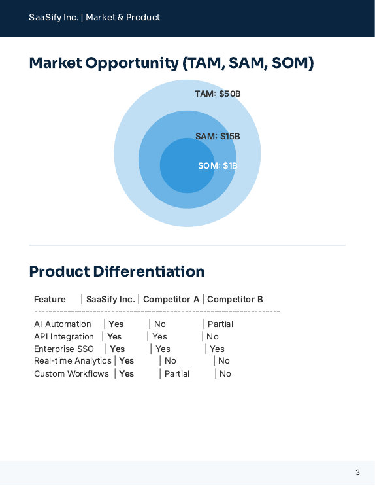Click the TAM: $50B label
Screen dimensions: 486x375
coord(218,94)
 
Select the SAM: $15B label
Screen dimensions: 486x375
coord(218,137)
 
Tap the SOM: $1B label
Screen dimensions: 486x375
coord(218,166)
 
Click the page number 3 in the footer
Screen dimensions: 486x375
coord(357,472)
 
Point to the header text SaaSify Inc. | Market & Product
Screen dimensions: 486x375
coord(94,18)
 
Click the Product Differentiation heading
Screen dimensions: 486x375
coord(117,271)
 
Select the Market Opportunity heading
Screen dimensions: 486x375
coord(172,63)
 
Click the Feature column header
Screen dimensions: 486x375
coord(50,300)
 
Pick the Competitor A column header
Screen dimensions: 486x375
coord(171,300)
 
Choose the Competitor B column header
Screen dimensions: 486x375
coord(235,300)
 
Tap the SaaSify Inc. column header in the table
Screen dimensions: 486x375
coord(110,300)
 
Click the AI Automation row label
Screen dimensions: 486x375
coord(63,324)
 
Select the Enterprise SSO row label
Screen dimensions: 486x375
coord(64,349)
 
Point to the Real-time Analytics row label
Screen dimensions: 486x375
coord(73,361)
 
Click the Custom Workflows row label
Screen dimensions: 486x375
coord(71,374)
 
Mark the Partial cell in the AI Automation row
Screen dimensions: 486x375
coord(220,324)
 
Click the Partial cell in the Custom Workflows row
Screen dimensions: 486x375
coord(177,374)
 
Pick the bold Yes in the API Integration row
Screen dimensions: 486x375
coord(114,337)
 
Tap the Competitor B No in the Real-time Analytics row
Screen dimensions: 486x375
coord(224,361)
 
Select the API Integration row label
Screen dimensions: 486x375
coord(64,337)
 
